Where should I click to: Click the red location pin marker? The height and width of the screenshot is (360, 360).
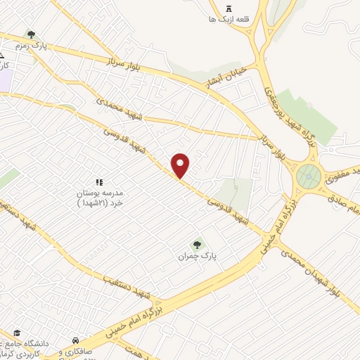(x=181, y=166)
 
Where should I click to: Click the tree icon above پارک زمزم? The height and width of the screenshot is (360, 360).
(x=30, y=33)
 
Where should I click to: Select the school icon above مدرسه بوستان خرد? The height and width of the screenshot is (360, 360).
(x=98, y=182)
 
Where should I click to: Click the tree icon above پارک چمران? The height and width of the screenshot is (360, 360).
(x=197, y=245)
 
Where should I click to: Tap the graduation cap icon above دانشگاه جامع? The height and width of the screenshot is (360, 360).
(x=17, y=333)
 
